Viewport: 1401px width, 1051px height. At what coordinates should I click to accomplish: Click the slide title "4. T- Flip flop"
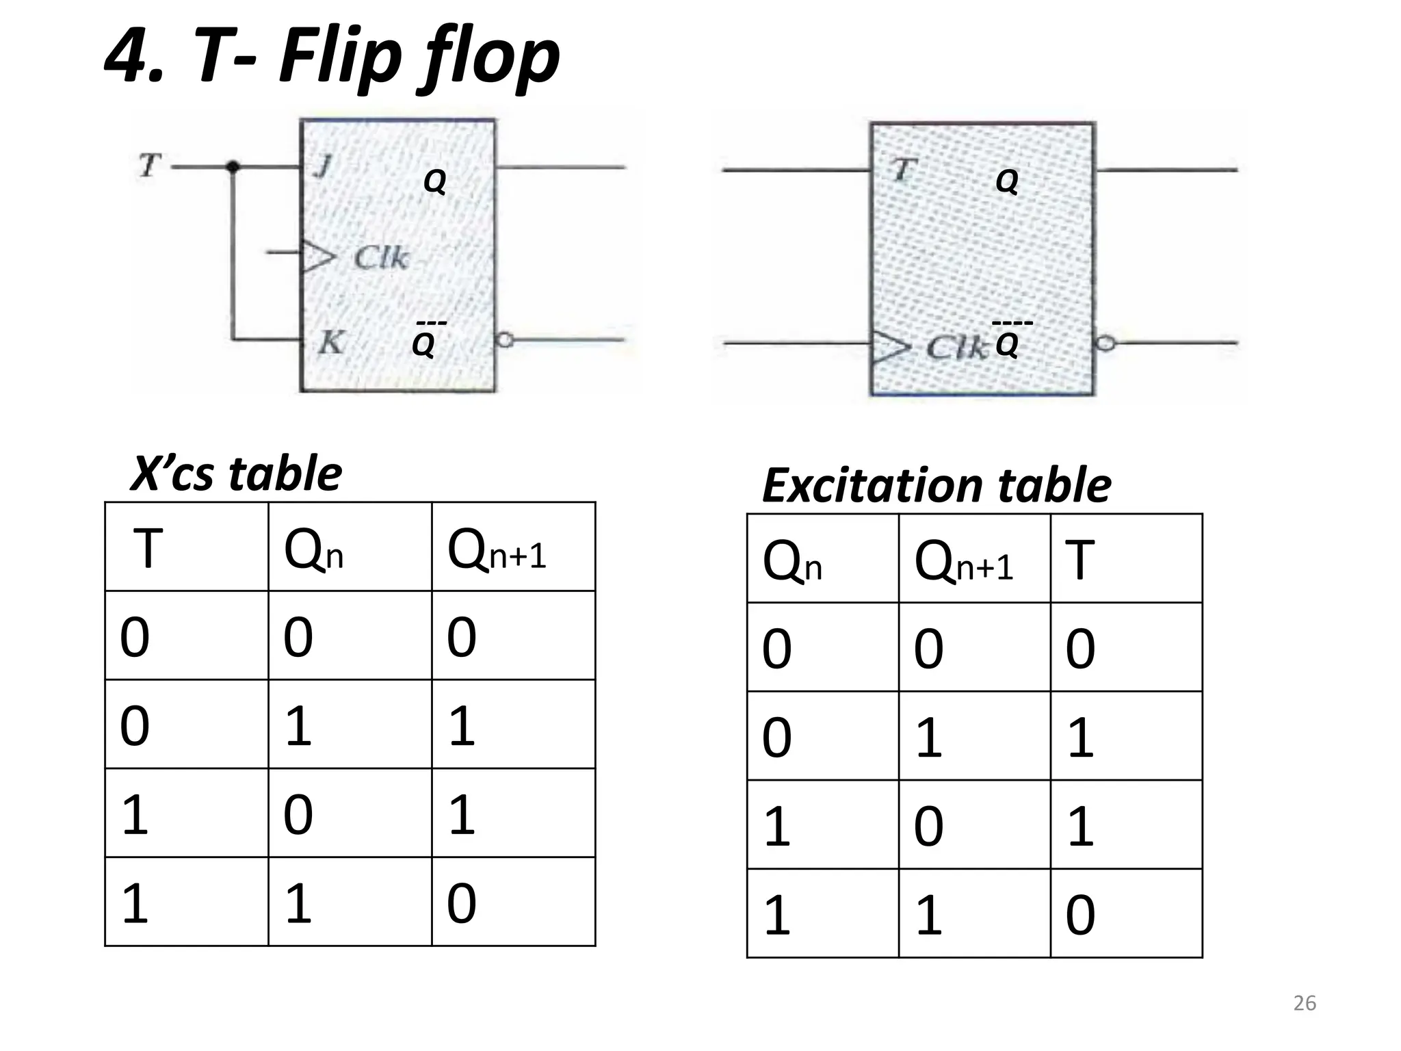pos(332,58)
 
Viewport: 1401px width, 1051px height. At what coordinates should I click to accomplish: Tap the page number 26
pos(1305,1003)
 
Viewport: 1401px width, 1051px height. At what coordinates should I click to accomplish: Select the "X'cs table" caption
pos(236,474)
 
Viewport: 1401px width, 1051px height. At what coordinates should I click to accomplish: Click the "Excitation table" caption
pos(936,485)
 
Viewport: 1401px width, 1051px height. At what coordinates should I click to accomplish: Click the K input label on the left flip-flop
pos(330,342)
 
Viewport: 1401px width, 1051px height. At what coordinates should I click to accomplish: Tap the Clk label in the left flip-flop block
pos(381,258)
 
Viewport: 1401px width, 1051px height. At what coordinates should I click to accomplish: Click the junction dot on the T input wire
pos(233,166)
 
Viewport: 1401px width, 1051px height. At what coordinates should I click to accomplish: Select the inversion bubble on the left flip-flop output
pos(505,339)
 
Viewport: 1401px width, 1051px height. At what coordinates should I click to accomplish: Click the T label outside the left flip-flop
pos(150,165)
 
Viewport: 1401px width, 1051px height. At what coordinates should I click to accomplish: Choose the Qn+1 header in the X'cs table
pos(497,552)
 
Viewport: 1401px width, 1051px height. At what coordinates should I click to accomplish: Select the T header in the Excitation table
pos(1080,560)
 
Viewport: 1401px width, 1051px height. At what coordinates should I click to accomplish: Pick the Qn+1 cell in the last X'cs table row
pos(462,903)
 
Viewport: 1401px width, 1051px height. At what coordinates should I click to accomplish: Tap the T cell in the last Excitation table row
pos(1080,915)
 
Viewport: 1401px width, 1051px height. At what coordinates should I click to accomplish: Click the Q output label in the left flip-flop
pos(435,181)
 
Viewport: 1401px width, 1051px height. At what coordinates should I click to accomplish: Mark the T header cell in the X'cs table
pos(148,549)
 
